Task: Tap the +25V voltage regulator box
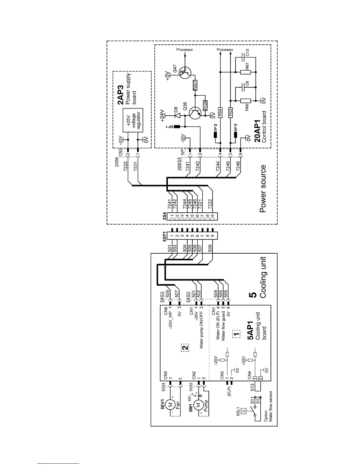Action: coord(133,120)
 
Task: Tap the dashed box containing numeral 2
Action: coord(185,348)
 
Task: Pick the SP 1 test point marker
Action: coord(177,127)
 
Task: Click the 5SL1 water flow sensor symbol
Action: coord(244,410)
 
